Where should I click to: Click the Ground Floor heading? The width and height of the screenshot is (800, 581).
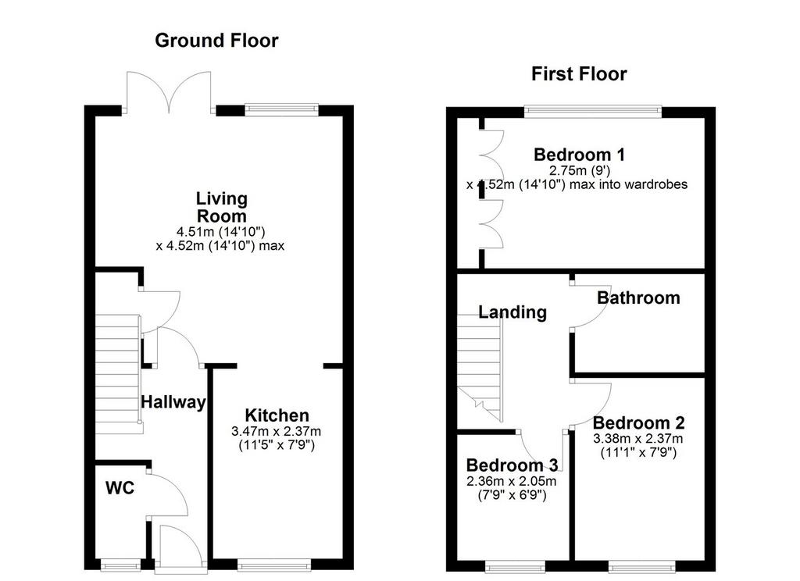[217, 41]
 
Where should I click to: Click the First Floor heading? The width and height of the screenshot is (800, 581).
[579, 74]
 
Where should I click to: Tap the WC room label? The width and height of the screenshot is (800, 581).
[120, 488]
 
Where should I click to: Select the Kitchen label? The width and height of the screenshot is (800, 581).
[277, 415]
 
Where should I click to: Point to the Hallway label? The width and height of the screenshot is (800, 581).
[173, 402]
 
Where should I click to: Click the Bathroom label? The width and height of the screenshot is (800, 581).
[638, 298]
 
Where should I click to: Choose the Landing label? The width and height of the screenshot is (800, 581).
[512, 312]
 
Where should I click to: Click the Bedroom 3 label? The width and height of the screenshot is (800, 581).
[512, 465]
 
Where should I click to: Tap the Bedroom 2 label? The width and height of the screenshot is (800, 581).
[638, 423]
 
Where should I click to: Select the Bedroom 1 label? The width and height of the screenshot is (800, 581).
[579, 154]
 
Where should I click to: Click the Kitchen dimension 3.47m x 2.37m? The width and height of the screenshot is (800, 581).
[276, 431]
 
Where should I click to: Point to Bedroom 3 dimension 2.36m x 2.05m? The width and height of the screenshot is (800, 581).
[511, 481]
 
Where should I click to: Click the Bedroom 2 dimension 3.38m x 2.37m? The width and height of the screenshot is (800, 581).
[637, 439]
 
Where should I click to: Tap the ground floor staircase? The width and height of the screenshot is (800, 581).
[118, 374]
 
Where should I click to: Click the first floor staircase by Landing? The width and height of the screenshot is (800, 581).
[480, 367]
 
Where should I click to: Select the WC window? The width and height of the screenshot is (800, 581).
[120, 565]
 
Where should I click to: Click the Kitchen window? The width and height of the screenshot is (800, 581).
[274, 565]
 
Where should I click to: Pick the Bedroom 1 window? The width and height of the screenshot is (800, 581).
[593, 111]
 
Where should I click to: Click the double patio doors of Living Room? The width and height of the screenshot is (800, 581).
[169, 92]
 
